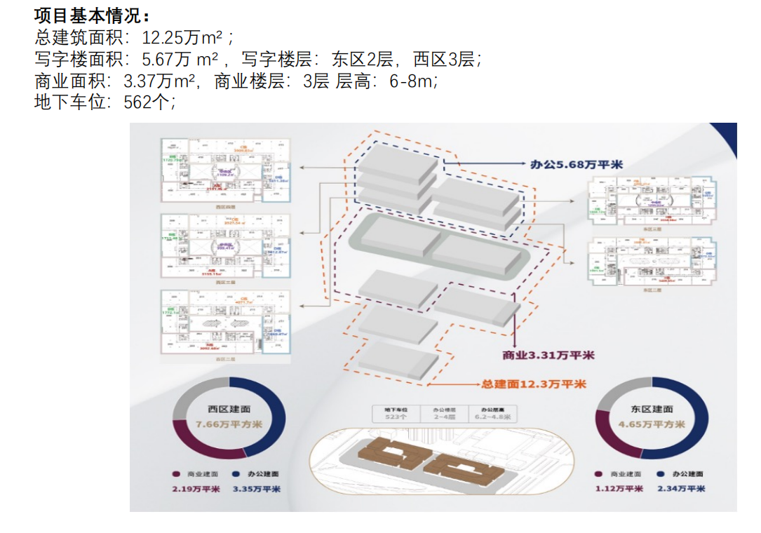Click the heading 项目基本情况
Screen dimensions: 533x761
[x=92, y=15]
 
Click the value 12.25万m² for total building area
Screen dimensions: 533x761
[x=187, y=37]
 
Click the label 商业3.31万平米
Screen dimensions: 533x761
[x=548, y=356]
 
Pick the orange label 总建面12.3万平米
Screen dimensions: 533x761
[x=534, y=384]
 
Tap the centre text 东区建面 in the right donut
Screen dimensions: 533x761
[x=652, y=410]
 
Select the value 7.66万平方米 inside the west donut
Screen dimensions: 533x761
[x=229, y=424]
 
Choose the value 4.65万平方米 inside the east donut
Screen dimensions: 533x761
[x=652, y=424]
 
